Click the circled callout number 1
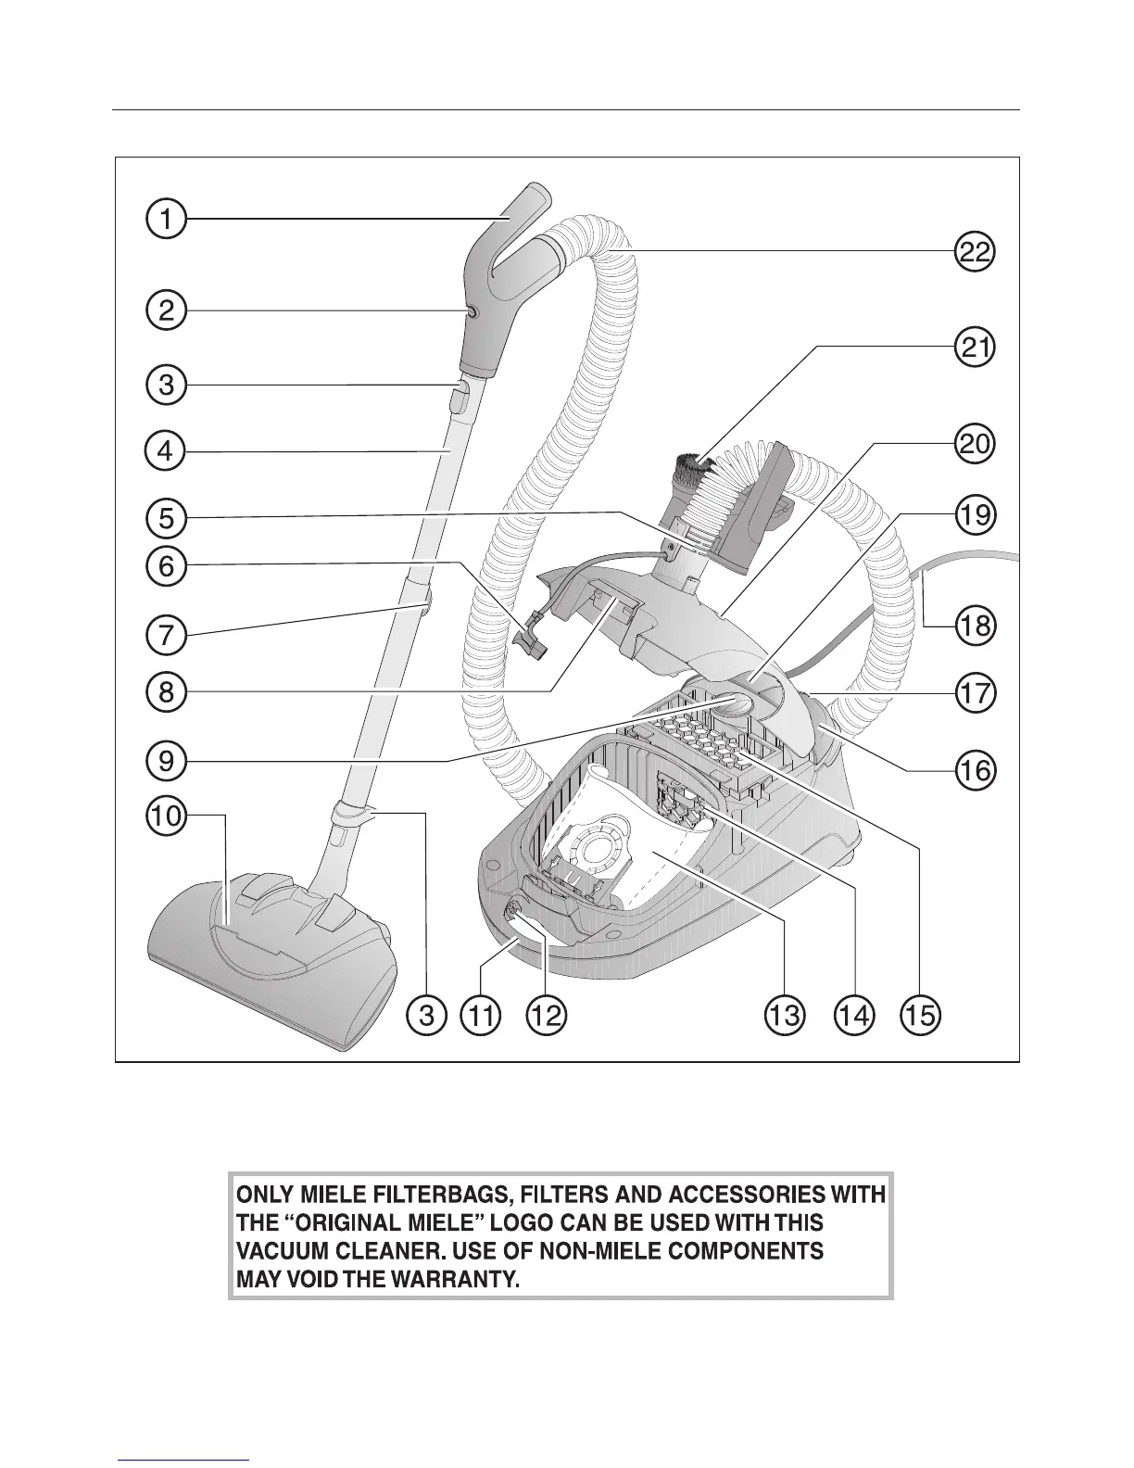pos(166,220)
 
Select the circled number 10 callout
pos(166,816)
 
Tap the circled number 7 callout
pos(166,637)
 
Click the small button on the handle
pos(471,314)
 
